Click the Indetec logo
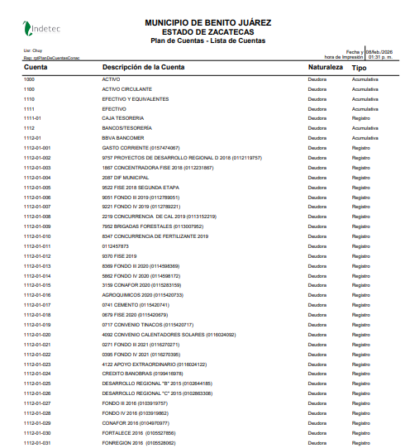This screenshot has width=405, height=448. tap(42, 29)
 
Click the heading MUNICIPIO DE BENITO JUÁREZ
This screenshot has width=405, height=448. tap(207, 21)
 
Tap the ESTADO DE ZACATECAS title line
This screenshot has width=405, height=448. tap(207, 31)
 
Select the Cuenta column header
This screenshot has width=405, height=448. tap(36, 67)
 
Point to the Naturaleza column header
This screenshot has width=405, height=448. tap(325, 67)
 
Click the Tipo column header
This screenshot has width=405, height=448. tap(360, 67)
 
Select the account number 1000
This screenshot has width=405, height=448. tap(30, 79)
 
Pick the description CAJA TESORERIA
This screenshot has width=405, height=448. tap(122, 118)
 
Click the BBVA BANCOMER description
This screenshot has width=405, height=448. tap(123, 138)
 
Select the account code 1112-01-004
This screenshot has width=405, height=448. tap(38, 177)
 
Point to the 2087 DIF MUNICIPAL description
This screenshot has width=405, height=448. tap(126, 177)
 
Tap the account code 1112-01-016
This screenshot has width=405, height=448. tap(38, 295)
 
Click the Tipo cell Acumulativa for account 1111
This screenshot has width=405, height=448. tap(364, 108)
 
